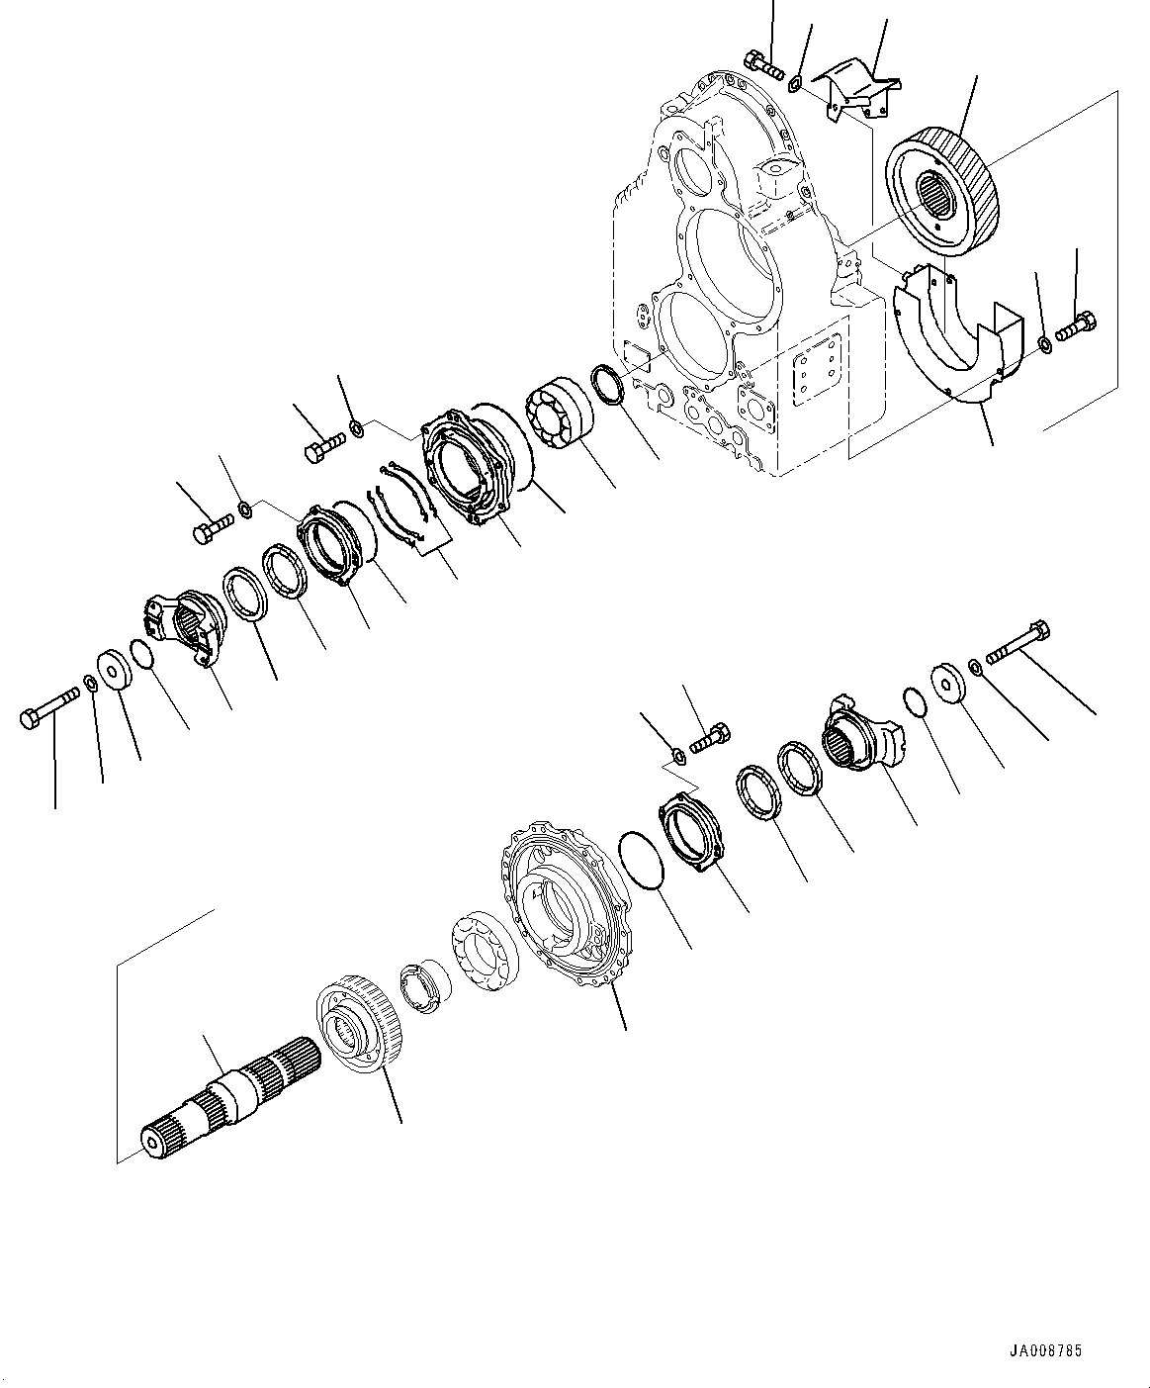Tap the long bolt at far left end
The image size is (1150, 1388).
tap(48, 709)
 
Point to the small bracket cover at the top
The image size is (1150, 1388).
tap(855, 91)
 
